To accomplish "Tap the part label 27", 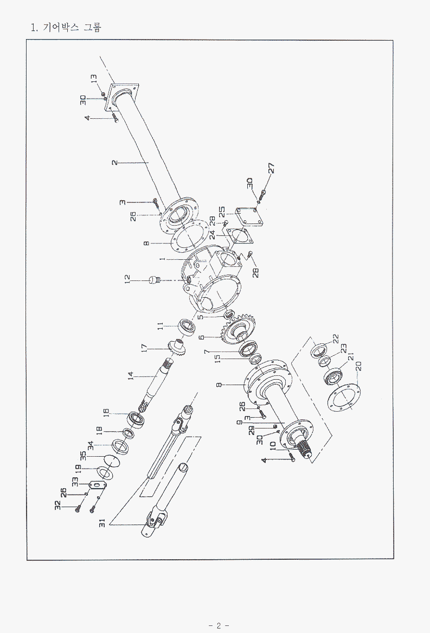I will click(x=271, y=168).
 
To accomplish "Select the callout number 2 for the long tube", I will click(x=115, y=162).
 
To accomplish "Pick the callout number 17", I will click(x=144, y=348).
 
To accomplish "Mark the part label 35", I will click(x=83, y=457).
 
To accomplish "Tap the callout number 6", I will click(x=202, y=337).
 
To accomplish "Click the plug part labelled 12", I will click(x=153, y=280).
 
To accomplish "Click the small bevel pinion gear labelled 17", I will click(x=177, y=347).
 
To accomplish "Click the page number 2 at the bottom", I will click(x=219, y=625).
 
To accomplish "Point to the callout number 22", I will click(x=336, y=338).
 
